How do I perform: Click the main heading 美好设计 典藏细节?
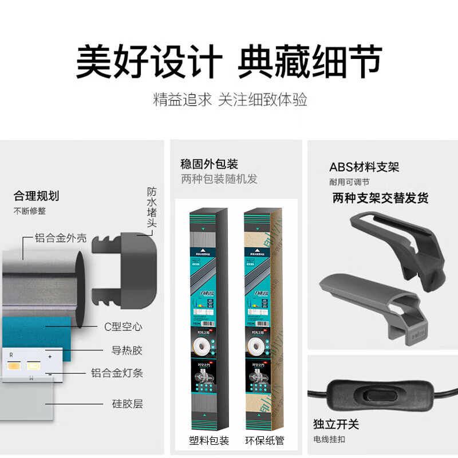pos(229,61)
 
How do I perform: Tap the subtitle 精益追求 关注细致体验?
pos(230,100)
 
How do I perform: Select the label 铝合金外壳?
pos(61,238)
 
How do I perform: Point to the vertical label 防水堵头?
pos(152,207)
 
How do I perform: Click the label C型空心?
pos(123,327)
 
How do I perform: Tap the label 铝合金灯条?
pos(117,373)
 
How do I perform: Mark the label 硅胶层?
pos(127,404)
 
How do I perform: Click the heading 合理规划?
pos(36,196)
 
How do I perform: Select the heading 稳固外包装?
pos(209,164)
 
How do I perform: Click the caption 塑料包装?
pos(209,441)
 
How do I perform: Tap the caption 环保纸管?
pos(265,441)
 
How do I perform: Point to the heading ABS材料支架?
pos(364,167)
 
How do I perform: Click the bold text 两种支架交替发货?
pos(380,198)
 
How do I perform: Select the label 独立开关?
pos(336,424)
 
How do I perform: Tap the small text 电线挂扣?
pos(329,440)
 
